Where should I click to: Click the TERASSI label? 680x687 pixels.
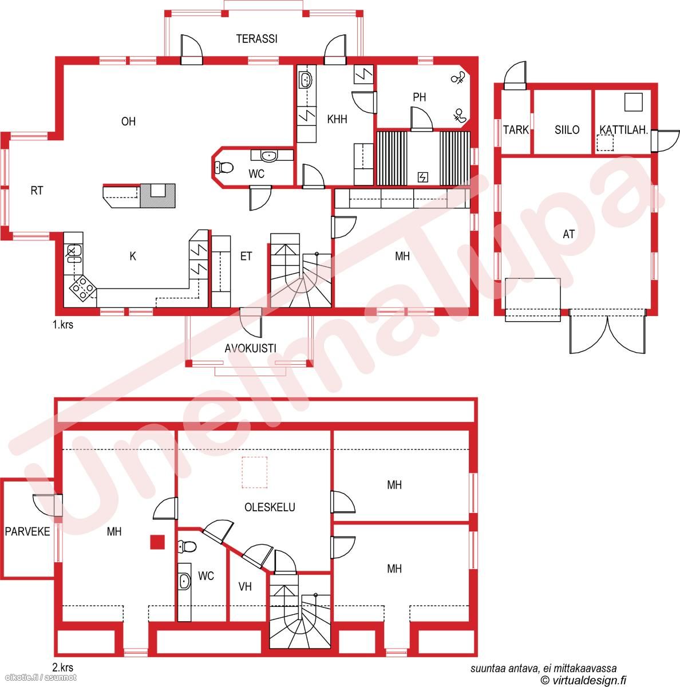[x=257, y=38]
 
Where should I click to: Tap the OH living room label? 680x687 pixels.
[x=128, y=121]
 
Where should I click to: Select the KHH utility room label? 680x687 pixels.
[x=337, y=119]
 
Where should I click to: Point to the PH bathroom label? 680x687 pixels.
[x=420, y=97]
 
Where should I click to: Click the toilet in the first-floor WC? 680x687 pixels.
[x=224, y=167]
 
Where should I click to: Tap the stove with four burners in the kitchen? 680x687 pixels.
[x=83, y=288]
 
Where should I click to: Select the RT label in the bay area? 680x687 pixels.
[x=37, y=191]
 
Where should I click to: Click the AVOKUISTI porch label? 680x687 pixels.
[x=250, y=348]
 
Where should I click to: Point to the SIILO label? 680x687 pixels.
[x=567, y=129]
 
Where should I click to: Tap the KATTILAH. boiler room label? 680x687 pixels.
[x=623, y=130]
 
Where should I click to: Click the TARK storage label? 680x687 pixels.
[x=516, y=129]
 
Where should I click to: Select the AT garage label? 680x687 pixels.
[x=569, y=234]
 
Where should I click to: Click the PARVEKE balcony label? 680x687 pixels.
[x=27, y=531]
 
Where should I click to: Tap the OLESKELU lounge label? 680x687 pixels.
[x=270, y=507]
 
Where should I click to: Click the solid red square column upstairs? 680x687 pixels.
[x=157, y=542]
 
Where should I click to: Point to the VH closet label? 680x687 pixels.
[x=245, y=586]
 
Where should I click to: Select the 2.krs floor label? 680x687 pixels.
[x=63, y=667]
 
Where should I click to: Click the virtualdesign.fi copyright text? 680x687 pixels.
[x=583, y=680]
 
